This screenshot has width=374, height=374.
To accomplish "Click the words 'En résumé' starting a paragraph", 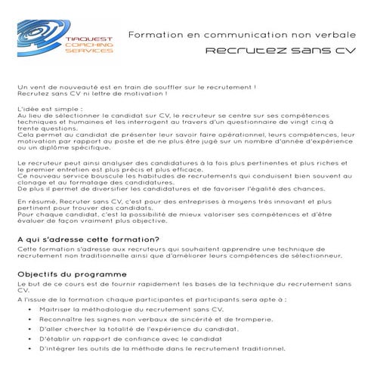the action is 36,204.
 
